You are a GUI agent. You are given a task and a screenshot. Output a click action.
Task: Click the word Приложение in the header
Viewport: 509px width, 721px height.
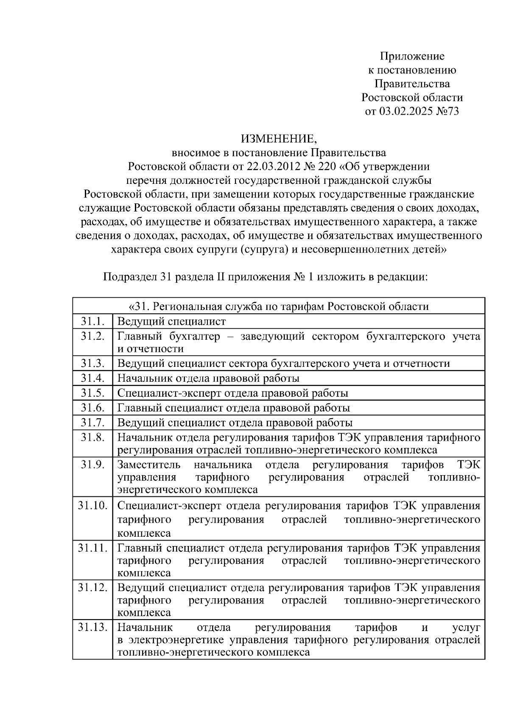pos(412,56)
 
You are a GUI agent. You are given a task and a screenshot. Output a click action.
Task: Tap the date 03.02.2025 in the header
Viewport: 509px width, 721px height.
pos(406,111)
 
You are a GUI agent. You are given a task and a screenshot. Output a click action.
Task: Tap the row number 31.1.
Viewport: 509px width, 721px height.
pos(92,321)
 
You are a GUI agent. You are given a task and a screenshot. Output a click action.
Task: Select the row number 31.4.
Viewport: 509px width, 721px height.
pos(92,377)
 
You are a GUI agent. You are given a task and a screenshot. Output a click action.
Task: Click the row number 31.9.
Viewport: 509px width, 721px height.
pos(92,464)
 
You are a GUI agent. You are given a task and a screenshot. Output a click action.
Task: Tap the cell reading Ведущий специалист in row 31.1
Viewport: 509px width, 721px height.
pos(171,321)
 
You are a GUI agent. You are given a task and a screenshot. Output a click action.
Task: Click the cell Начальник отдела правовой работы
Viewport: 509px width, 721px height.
pos(208,378)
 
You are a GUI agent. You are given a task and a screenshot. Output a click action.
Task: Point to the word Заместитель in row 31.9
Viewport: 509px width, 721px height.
pos(148,465)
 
